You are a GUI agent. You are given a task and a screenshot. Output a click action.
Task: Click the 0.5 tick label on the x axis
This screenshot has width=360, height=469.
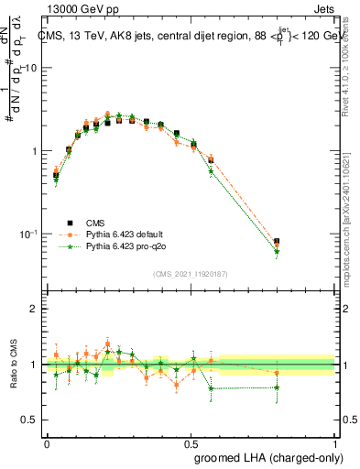tap(191, 442)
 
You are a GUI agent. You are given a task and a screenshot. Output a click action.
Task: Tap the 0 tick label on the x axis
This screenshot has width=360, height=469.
tap(48, 442)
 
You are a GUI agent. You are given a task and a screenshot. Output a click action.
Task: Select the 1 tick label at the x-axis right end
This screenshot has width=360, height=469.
tap(336, 442)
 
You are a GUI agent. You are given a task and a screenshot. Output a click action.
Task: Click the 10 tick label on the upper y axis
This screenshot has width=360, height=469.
tap(30, 69)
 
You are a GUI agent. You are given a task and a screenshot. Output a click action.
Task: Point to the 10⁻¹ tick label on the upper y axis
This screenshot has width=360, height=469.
tap(28, 234)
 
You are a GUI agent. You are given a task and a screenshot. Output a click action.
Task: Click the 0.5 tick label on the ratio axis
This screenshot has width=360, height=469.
tap(30, 420)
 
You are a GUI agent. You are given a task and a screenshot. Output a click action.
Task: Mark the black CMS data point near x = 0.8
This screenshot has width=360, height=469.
tap(277, 242)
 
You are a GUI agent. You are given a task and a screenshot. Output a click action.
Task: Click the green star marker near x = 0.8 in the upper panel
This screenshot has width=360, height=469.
tap(277, 252)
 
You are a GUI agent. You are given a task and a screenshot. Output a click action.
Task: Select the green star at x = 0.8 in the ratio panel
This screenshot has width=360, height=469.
tap(277, 387)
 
